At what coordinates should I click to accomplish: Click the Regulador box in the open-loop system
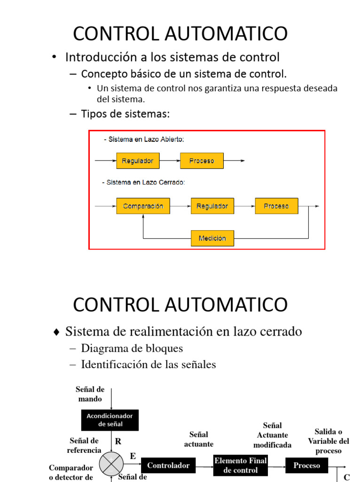(138, 161)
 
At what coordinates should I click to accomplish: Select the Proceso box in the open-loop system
(202, 161)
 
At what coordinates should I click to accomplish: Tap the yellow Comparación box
(143, 206)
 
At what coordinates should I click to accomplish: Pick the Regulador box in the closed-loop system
(212, 206)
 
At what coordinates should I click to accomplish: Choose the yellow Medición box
(212, 238)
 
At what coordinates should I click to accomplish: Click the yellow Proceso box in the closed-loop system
(276, 206)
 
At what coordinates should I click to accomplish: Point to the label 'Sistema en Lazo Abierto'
(144, 139)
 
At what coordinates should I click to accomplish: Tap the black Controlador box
(168, 466)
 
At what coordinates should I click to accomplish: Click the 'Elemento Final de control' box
(241, 466)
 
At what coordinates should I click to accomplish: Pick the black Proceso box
(306, 466)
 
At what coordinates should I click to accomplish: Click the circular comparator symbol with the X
(111, 465)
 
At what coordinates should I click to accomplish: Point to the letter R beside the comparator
(118, 442)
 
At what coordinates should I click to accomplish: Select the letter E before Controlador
(133, 456)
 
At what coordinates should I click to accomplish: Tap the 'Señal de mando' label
(90, 394)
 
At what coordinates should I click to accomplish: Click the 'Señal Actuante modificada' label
(273, 435)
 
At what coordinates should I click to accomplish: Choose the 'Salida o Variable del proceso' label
(329, 441)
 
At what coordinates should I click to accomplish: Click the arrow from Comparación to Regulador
(180, 206)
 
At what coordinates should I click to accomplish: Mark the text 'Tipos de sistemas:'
(126, 114)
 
